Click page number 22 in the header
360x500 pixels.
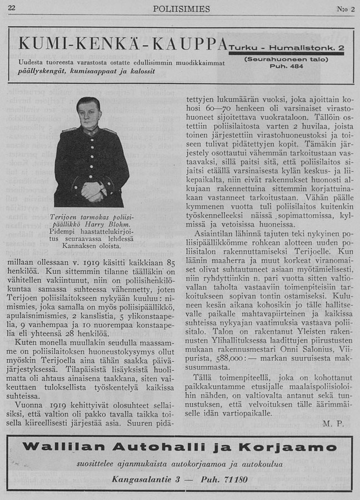coord(12,8)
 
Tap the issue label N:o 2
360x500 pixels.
coord(344,8)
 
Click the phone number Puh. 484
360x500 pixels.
coord(289,66)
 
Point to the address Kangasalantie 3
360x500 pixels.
coord(146,479)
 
